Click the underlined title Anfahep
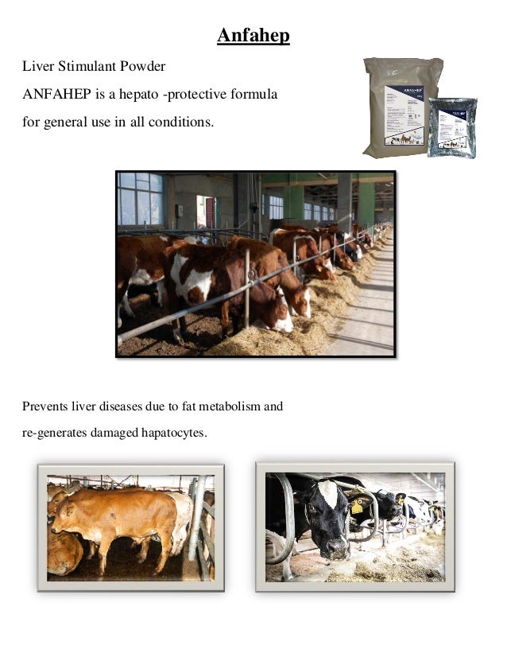(x=253, y=37)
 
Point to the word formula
(x=253, y=95)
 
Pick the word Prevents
(x=44, y=407)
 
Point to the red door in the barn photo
(x=209, y=212)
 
